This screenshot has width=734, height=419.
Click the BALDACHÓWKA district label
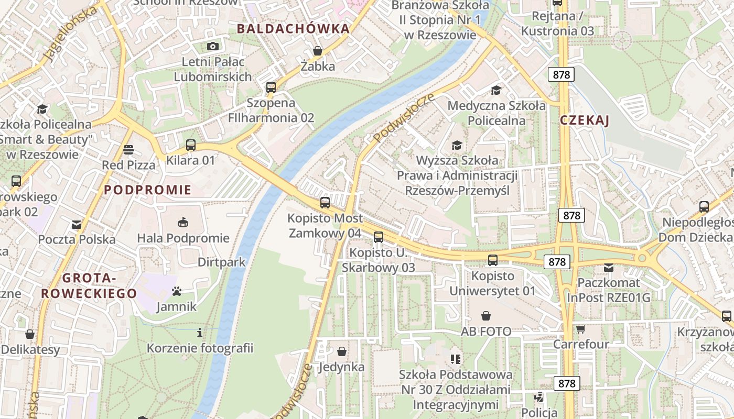[293, 29]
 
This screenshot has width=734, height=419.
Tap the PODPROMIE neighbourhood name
[148, 190]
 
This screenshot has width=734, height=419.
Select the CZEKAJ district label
[584, 120]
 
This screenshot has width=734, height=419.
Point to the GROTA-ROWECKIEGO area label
[89, 286]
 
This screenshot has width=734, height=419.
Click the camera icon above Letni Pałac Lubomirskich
[212, 46]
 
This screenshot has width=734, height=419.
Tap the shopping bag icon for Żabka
[318, 51]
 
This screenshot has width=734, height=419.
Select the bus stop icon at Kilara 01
[191, 145]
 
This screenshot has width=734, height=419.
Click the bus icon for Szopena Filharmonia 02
[271, 87]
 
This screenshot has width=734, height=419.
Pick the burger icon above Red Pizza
[128, 150]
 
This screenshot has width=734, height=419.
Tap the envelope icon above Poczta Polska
[77, 225]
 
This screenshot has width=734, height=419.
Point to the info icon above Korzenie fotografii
[200, 333]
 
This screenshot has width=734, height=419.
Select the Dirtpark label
[222, 262]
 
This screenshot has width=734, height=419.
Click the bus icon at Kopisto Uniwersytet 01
[493, 260]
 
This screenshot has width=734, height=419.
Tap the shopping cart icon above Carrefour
[580, 329]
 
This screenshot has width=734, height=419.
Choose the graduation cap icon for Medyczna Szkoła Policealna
[496, 90]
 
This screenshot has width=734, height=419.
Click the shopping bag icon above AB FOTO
[486, 316]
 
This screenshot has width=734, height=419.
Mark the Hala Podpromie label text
[183, 238]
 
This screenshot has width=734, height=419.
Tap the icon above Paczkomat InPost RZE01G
[608, 267]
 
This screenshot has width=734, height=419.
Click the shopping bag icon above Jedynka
[342, 351]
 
